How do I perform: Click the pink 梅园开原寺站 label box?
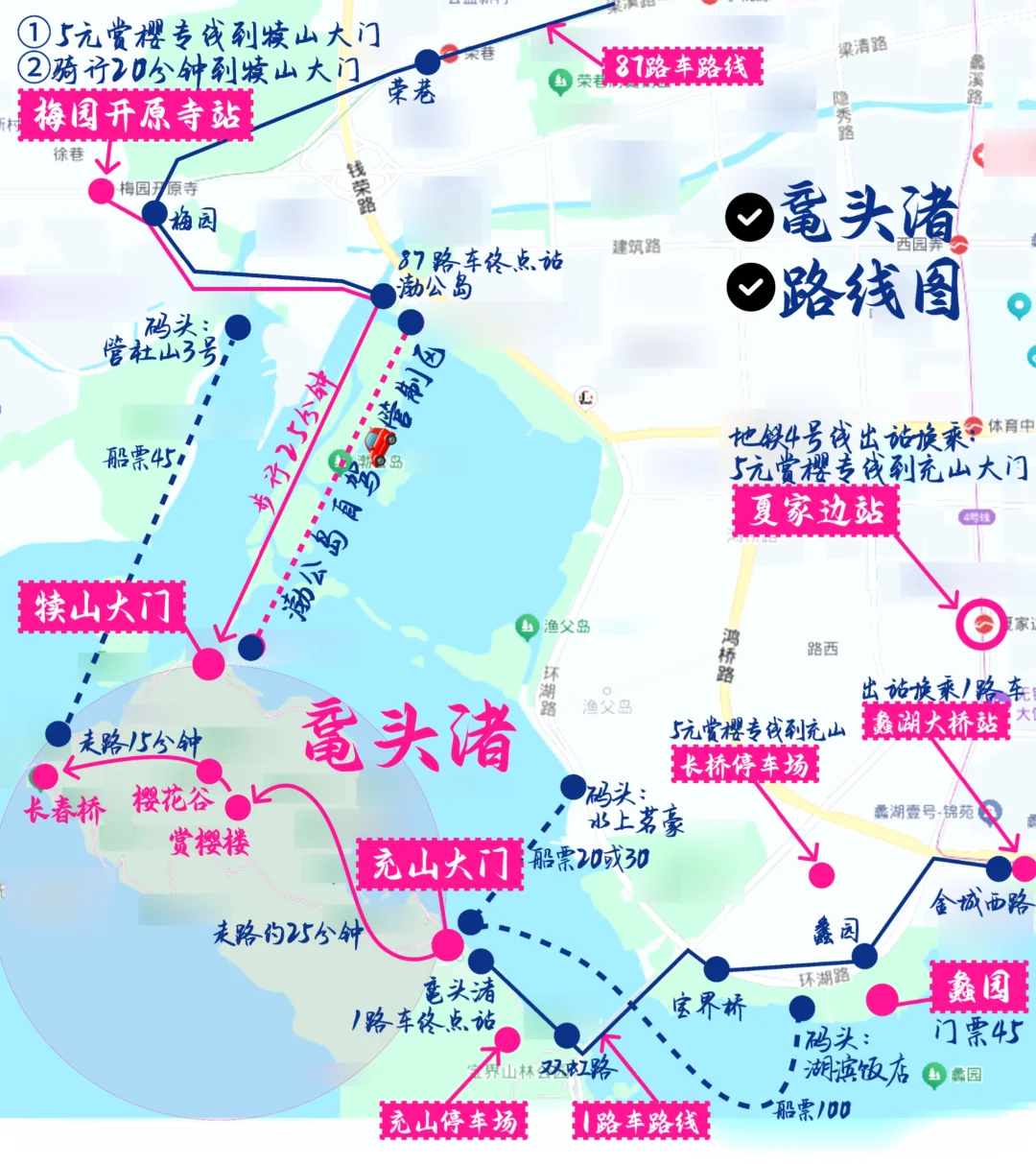(x=135, y=115)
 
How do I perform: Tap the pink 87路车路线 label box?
(x=682, y=66)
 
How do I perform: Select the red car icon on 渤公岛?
(x=381, y=442)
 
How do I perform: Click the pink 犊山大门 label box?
(x=102, y=607)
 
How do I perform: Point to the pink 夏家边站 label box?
(x=815, y=510)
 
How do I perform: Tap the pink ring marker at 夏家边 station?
(x=981, y=624)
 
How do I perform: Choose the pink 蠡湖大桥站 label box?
(x=935, y=722)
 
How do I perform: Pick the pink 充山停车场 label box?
(x=454, y=1121)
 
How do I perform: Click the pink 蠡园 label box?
(x=978, y=987)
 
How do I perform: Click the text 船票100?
(x=812, y=1110)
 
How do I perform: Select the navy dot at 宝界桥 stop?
(x=716, y=968)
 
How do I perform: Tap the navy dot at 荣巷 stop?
(x=428, y=62)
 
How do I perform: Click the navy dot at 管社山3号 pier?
(x=237, y=328)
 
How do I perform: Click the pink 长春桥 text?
(x=64, y=810)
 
